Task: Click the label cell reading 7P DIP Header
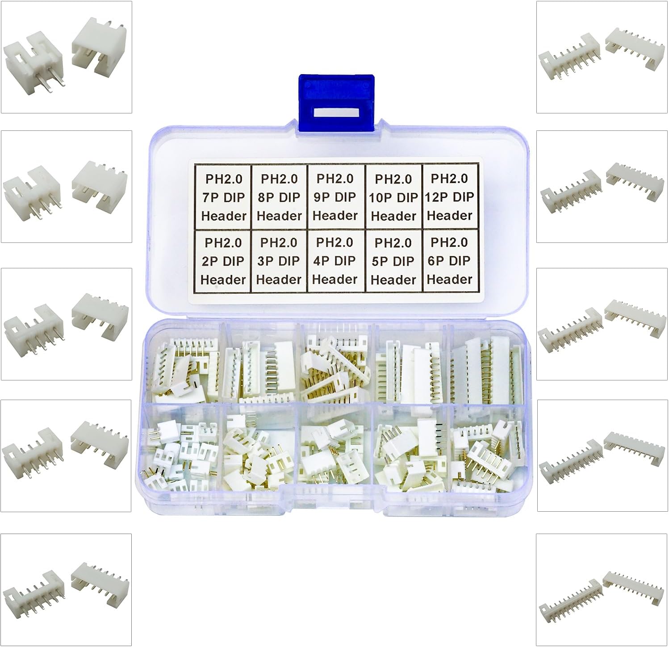point(223,197)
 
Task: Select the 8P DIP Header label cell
point(279,197)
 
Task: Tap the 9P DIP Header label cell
point(335,197)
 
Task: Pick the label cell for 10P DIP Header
point(393,197)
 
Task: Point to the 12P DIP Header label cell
point(450,197)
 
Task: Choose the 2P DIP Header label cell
point(223,261)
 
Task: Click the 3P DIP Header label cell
point(279,261)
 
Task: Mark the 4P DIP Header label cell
point(335,261)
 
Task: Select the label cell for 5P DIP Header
point(393,261)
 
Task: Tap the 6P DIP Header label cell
point(450,261)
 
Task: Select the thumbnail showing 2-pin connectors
point(66,57)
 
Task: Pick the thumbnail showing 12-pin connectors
point(602,590)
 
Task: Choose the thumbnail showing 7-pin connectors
point(602,57)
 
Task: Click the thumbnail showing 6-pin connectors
point(66,590)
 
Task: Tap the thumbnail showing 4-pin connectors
point(66,324)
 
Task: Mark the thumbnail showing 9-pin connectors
point(602,324)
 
